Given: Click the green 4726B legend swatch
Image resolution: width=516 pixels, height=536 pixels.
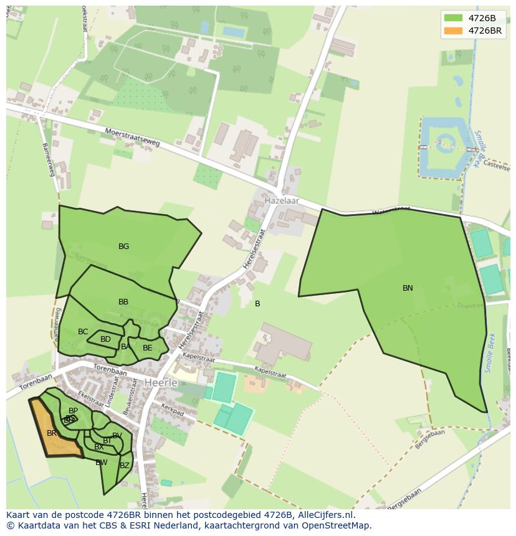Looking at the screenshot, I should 453,17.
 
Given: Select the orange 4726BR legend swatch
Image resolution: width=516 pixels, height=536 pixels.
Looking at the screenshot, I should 453,31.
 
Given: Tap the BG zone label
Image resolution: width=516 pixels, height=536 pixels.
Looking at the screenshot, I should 123,247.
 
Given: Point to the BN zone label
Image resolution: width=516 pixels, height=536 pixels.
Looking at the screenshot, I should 408,288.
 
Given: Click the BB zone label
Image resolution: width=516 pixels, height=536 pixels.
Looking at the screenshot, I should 123,302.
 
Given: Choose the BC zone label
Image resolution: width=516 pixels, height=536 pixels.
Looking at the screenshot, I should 83,332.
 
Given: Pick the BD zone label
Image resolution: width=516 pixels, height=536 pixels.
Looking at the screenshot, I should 105,339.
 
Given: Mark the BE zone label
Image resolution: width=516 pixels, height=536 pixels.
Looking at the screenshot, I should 147,348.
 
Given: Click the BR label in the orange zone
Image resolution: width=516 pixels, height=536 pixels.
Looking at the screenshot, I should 52,433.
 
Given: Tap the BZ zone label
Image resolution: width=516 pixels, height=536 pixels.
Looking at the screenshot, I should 125,466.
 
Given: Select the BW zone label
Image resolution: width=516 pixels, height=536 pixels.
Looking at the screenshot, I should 102,463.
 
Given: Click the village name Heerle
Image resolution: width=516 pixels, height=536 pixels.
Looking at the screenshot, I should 161,382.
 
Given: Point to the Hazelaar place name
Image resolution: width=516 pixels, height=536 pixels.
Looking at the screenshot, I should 282,201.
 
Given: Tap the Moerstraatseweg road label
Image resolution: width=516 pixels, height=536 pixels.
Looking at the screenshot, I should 133,138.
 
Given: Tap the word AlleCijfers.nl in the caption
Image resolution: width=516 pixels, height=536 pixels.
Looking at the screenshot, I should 327,515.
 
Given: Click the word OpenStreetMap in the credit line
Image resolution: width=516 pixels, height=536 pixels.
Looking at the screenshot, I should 336,526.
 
